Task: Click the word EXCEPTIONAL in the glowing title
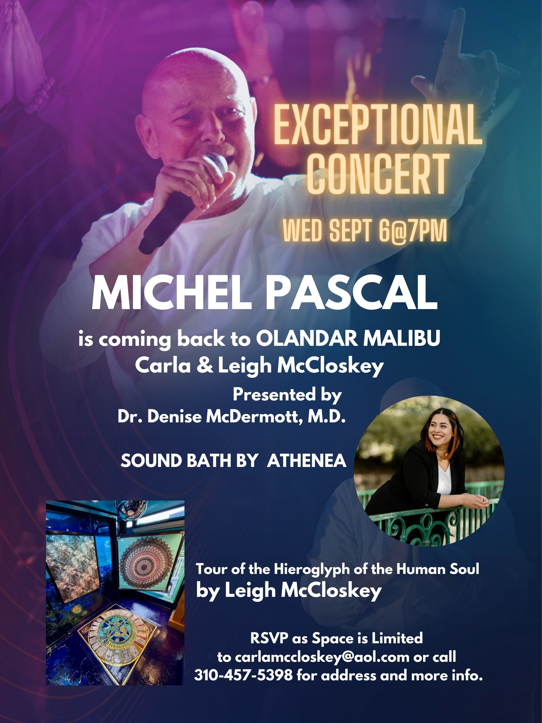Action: (x=378, y=125)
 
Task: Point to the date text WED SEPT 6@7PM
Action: (x=364, y=231)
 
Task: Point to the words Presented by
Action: (x=287, y=395)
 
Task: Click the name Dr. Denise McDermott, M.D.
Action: (x=231, y=417)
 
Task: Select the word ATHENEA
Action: (x=306, y=461)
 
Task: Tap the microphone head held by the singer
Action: (x=217, y=165)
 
